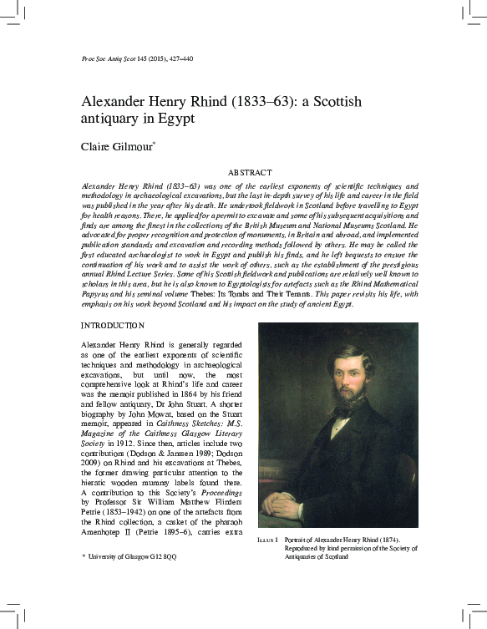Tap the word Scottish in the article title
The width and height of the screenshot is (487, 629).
[334, 103]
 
